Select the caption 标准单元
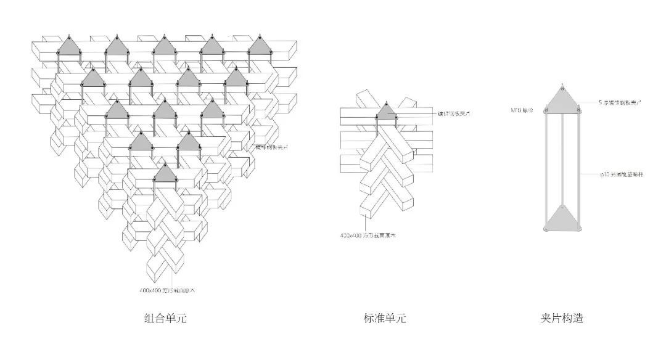tap(385, 319)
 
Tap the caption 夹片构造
tap(562, 319)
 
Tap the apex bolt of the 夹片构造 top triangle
tap(562, 84)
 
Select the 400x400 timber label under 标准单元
tap(368, 235)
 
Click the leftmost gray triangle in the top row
tap(69, 48)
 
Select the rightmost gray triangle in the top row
tap(258, 48)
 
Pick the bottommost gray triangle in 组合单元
tap(164, 174)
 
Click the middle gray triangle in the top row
tap(164, 48)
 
